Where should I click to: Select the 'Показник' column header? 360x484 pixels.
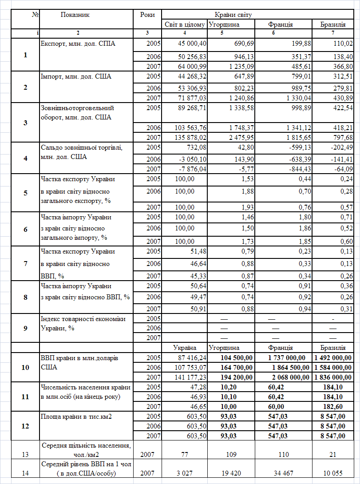click(75, 15)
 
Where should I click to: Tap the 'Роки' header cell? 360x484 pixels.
click(147, 15)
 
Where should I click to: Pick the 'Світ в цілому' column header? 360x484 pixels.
click(184, 24)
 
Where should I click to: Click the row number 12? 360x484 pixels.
click(25, 425)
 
